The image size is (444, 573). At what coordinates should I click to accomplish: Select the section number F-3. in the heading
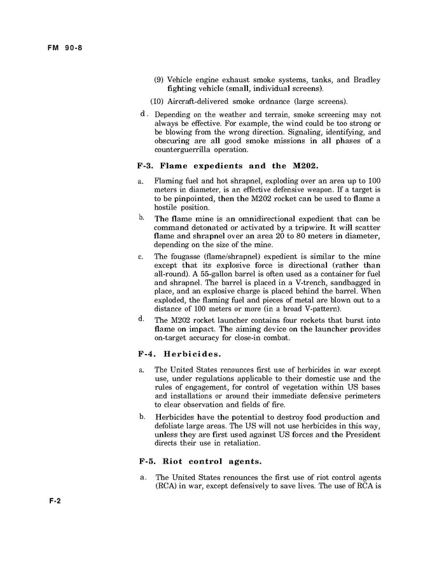tap(146, 166)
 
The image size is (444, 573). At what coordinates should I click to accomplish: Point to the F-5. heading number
tap(146, 460)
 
